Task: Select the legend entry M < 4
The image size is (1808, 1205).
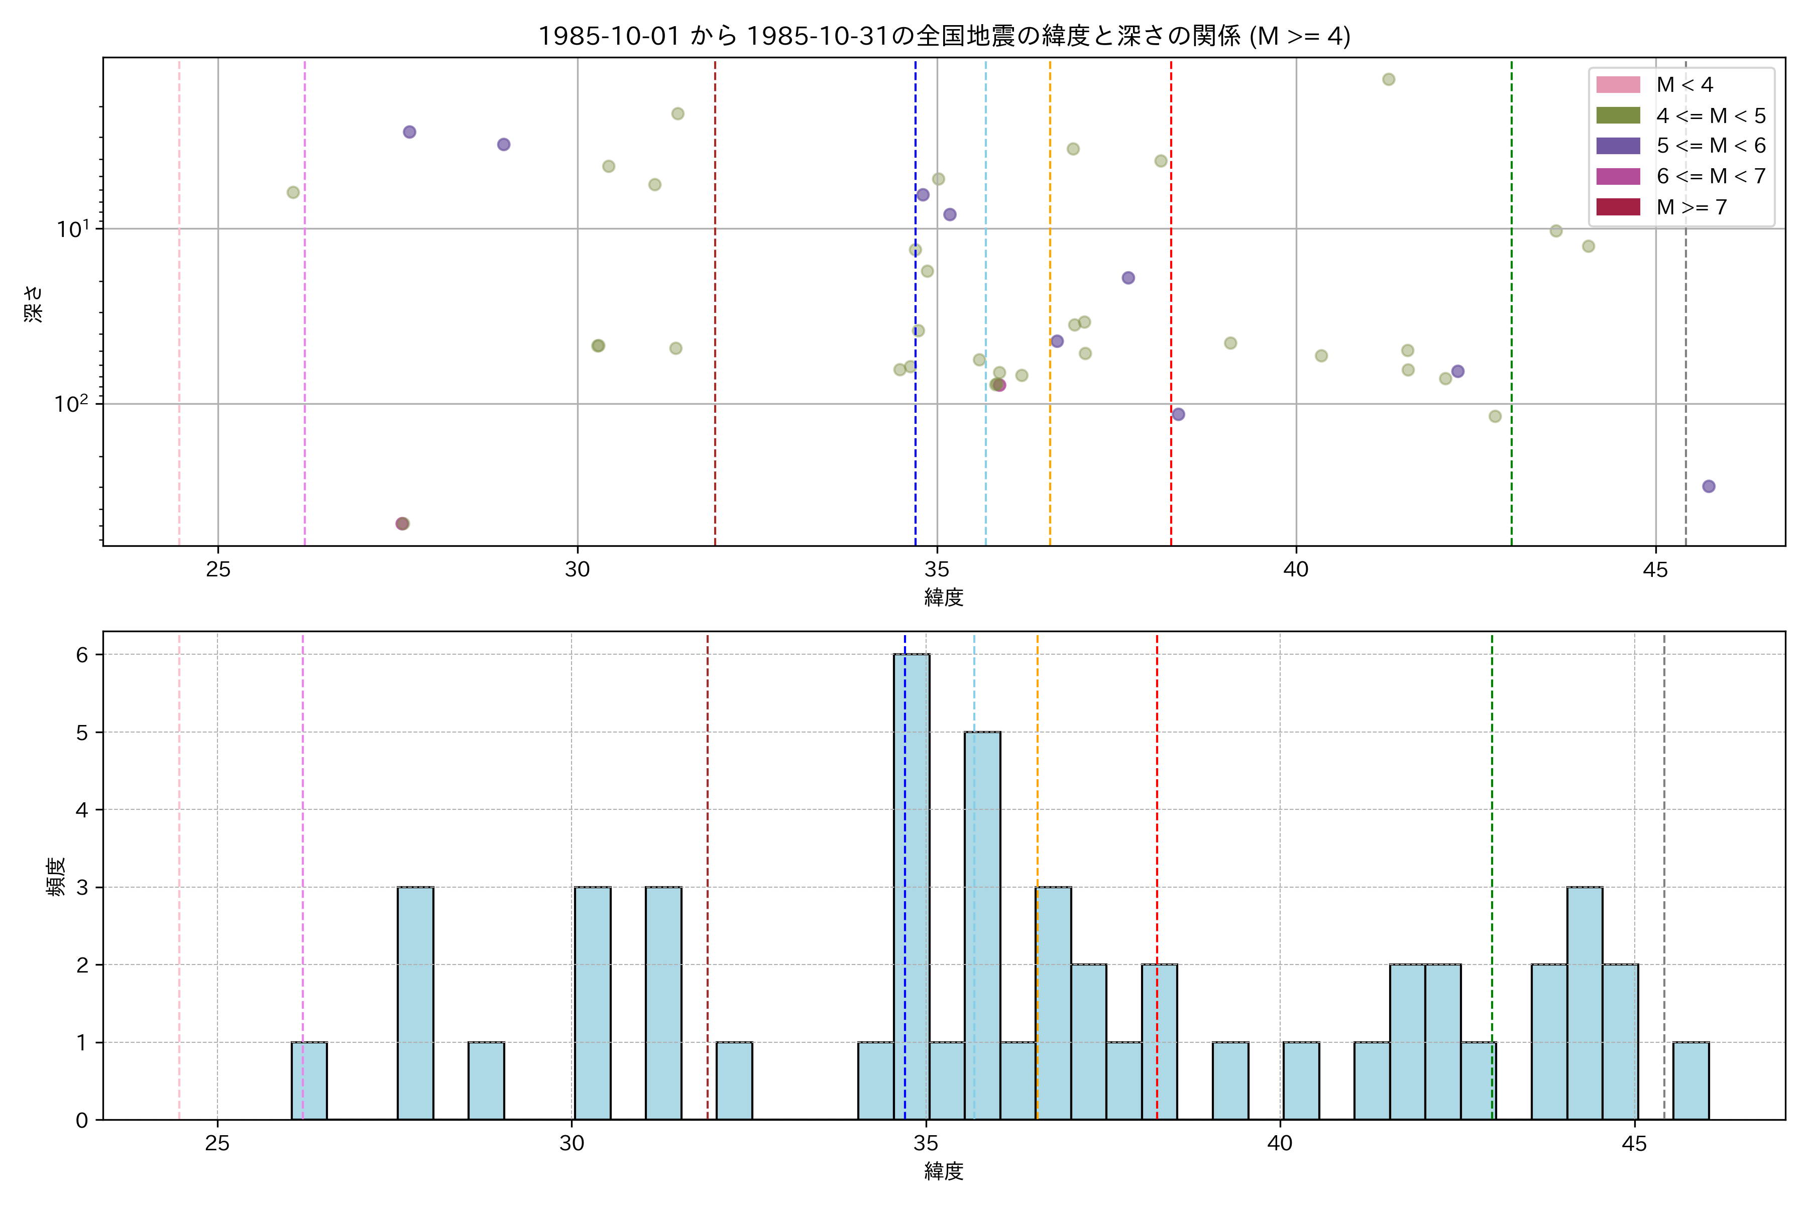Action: point(1683,84)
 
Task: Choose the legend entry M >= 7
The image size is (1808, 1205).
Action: point(1690,207)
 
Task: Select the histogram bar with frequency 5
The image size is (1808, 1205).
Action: point(982,925)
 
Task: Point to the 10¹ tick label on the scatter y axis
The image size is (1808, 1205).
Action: point(73,228)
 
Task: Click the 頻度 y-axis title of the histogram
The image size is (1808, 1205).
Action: point(55,877)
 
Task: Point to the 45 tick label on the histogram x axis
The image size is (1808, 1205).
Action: point(1634,1144)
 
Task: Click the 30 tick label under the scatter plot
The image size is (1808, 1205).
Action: point(577,569)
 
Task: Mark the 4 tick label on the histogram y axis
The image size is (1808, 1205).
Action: point(81,810)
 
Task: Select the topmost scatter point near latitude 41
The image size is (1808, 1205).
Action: point(1388,80)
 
